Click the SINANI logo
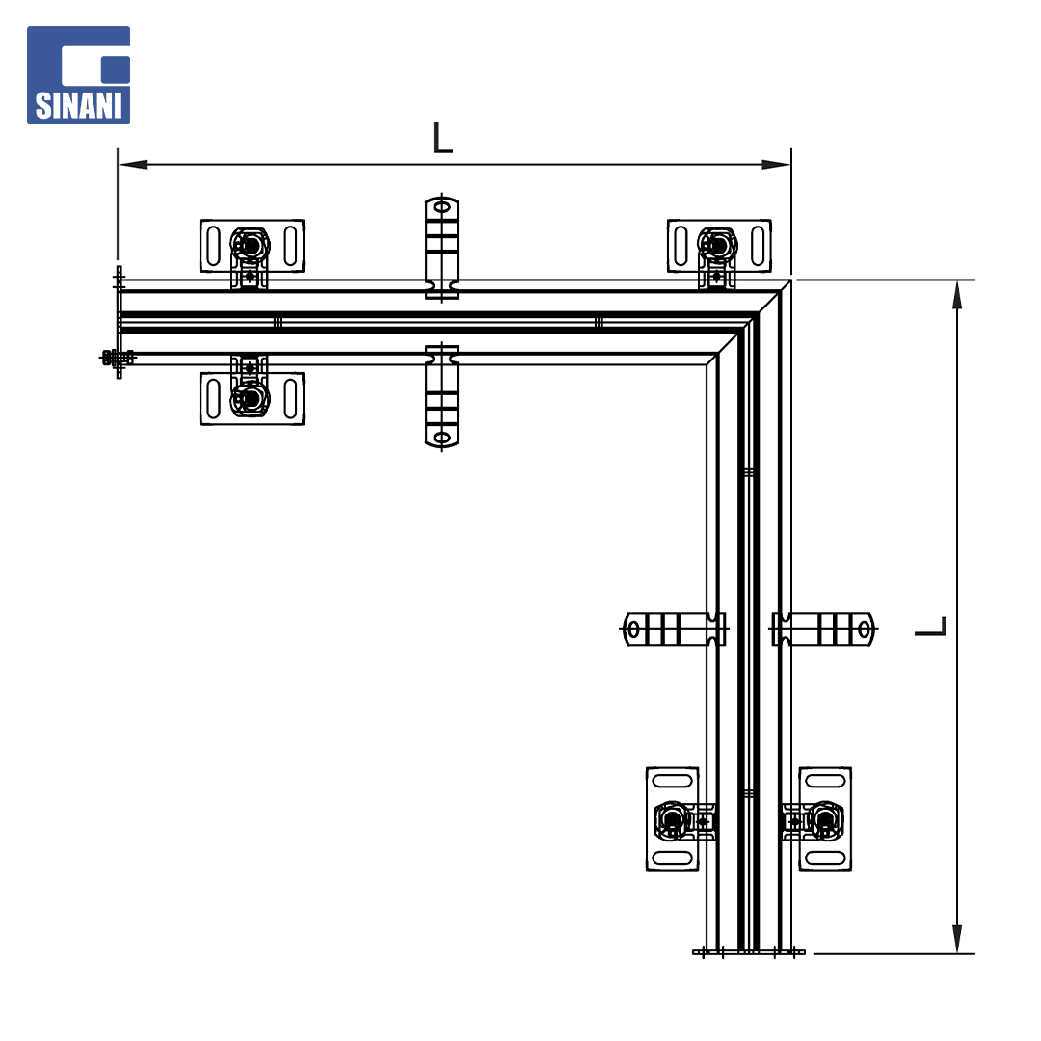(78, 75)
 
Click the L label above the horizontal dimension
(442, 138)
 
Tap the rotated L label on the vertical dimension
(930, 627)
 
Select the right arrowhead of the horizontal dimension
(776, 164)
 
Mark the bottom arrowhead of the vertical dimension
(957, 939)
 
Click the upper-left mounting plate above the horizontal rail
(253, 246)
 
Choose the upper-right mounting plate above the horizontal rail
(719, 246)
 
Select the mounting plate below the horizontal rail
(253, 398)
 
